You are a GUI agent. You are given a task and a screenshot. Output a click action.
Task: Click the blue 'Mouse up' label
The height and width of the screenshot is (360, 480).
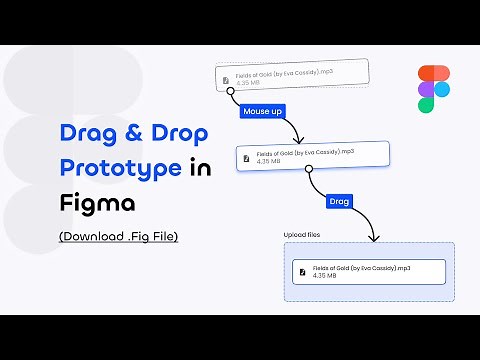(x=261, y=112)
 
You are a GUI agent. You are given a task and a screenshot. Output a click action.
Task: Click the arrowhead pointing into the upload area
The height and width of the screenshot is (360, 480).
(x=372, y=239)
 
